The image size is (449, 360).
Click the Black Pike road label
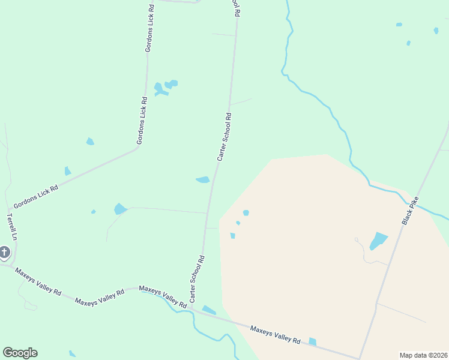pyautogui.click(x=410, y=211)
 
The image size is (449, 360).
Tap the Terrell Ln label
pyautogui.click(x=11, y=226)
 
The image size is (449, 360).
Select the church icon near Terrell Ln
pyautogui.click(x=5, y=253)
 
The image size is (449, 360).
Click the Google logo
pyautogui.click(x=20, y=353)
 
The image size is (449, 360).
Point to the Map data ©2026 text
pyautogui.click(x=423, y=355)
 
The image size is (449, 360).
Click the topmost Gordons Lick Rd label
pyautogui.click(x=150, y=28)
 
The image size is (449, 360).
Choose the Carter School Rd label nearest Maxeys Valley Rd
pyautogui.click(x=197, y=278)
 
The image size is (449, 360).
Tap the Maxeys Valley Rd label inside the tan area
pyautogui.click(x=275, y=334)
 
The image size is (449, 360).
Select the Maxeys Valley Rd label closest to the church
pyautogui.click(x=38, y=282)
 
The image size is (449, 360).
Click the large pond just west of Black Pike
pyautogui.click(x=378, y=241)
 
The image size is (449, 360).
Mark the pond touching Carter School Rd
pyautogui.click(x=203, y=179)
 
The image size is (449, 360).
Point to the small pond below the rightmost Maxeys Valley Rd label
pyautogui.click(x=312, y=341)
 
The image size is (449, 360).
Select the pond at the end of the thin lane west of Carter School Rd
pyautogui.click(x=120, y=209)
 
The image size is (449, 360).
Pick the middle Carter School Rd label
pyautogui.click(x=224, y=136)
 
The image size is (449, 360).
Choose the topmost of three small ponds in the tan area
pyautogui.click(x=246, y=212)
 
